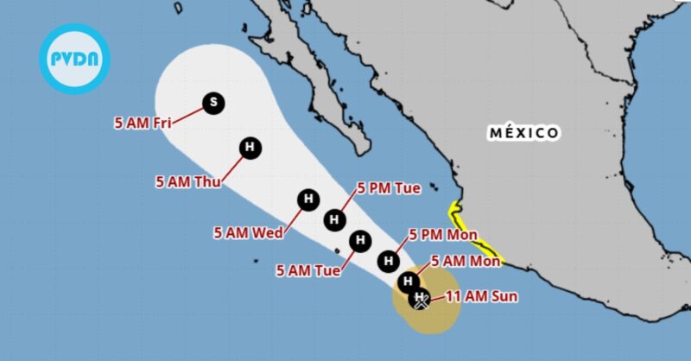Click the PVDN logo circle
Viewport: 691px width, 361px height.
(75, 58)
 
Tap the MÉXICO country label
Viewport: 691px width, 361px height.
(523, 133)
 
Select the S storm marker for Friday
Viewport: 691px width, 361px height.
(213, 104)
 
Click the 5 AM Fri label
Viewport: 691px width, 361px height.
(141, 123)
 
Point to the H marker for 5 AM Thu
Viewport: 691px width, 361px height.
(250, 149)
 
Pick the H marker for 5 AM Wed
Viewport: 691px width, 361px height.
(307, 200)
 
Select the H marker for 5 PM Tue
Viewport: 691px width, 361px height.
(335, 220)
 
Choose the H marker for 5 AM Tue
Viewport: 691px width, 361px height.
(359, 241)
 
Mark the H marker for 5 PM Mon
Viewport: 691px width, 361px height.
(390, 259)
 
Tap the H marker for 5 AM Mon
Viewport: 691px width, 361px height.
(409, 281)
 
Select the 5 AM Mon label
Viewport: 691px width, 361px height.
(466, 260)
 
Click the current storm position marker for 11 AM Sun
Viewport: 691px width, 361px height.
(420, 300)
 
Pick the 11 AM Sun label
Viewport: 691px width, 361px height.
(481, 297)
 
